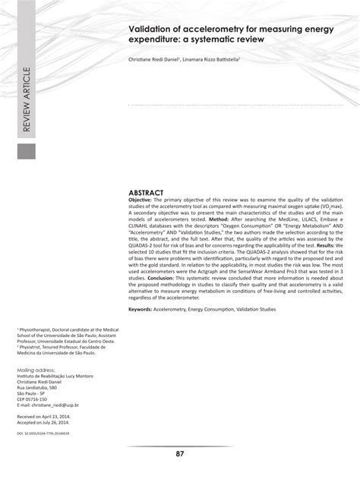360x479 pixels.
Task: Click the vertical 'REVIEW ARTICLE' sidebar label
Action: [27, 100]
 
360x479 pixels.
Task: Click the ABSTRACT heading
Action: [146, 194]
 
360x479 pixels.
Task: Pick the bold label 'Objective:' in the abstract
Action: [142, 201]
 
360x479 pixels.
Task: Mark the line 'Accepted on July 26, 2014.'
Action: [48, 425]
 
